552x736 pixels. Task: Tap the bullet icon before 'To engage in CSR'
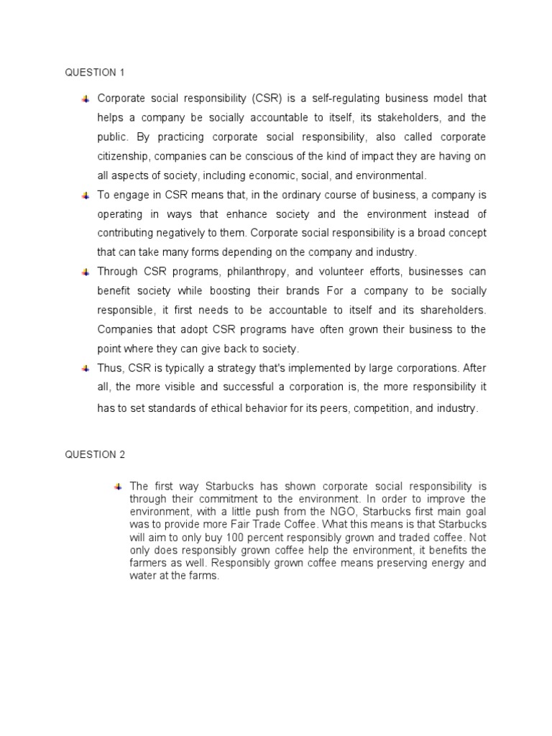tap(85, 195)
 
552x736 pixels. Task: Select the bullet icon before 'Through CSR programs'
tap(85, 272)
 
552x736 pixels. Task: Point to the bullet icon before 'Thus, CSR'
tap(85, 368)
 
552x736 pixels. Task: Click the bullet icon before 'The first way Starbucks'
tap(117, 487)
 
